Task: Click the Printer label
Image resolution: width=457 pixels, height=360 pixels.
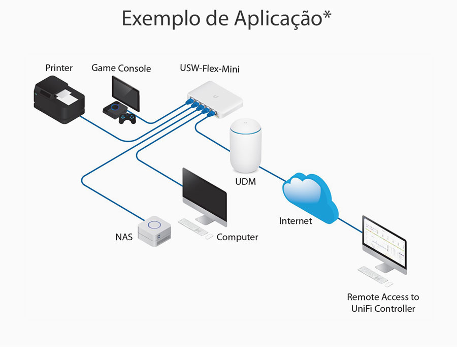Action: pos(59,68)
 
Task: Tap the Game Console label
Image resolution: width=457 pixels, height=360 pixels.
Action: pos(121,68)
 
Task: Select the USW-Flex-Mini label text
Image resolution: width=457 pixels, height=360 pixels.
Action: pos(210,68)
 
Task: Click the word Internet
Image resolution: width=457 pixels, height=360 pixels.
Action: pos(296,221)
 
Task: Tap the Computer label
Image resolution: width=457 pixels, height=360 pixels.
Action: pos(237,237)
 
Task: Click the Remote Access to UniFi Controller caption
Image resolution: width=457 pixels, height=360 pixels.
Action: pos(383,303)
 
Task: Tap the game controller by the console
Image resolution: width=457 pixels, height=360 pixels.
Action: pos(127,118)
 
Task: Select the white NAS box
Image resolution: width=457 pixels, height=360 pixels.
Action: pos(154,231)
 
